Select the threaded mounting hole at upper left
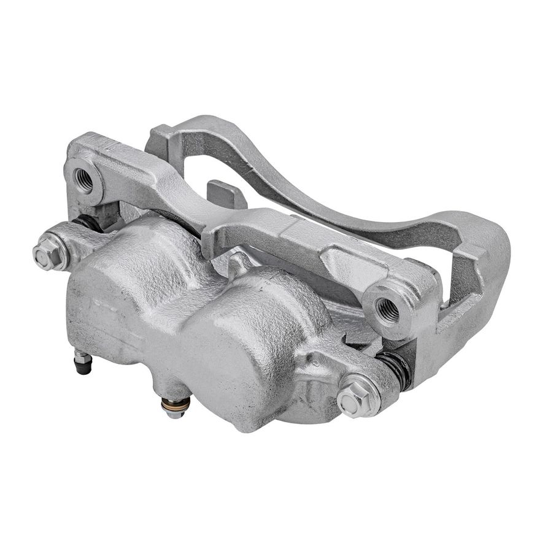(83, 179)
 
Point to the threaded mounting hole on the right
(387, 310)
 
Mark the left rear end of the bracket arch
(161, 138)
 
